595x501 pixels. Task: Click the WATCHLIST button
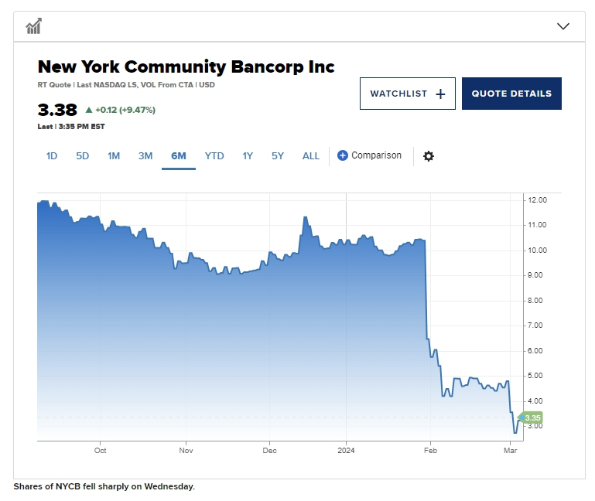[x=407, y=94]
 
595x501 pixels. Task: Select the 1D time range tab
[x=52, y=155]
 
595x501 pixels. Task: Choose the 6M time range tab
[x=179, y=155]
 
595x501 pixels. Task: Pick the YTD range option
[x=214, y=155]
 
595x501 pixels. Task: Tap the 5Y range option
[x=278, y=155]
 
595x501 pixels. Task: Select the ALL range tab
[x=311, y=155]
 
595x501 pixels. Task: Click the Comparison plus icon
[x=343, y=155]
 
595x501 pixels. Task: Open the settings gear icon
[x=429, y=156]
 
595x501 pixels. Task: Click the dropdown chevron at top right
[x=563, y=26]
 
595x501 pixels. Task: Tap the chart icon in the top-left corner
[x=33, y=26]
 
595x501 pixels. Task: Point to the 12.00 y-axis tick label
[x=537, y=199]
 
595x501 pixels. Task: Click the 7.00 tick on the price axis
[x=537, y=325]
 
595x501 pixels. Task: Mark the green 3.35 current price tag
[x=532, y=417]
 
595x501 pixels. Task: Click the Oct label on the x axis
[x=100, y=450]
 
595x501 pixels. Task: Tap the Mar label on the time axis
[x=510, y=450]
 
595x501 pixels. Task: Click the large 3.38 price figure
[x=57, y=110]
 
